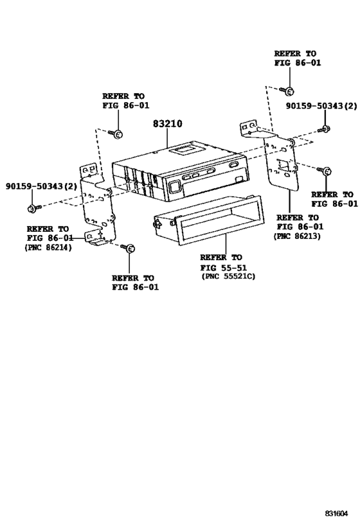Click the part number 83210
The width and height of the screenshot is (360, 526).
(x=168, y=124)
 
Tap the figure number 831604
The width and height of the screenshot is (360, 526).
(x=336, y=513)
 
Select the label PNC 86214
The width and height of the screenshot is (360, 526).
(x=48, y=248)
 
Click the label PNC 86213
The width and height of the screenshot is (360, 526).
(x=297, y=236)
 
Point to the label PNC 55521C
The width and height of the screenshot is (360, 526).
(x=228, y=276)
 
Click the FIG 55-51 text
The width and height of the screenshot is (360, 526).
(x=224, y=268)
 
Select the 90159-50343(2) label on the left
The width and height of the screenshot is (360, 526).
(x=41, y=186)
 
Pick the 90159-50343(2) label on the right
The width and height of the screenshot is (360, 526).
(x=321, y=106)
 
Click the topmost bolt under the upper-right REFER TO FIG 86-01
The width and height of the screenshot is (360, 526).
(x=287, y=91)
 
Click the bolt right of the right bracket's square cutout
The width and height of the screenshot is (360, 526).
(x=325, y=171)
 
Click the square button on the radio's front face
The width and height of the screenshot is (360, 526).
(x=175, y=186)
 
